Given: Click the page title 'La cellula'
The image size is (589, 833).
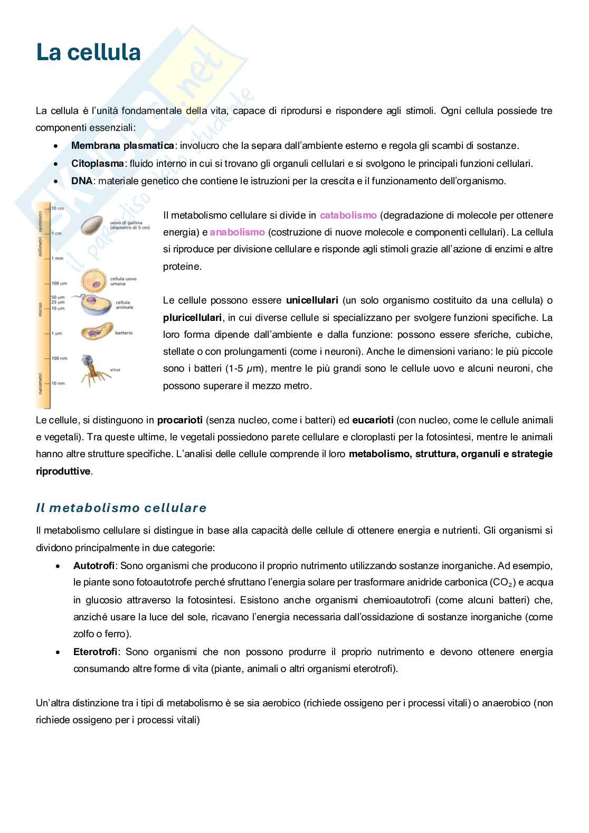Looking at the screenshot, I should pyautogui.click(x=88, y=53).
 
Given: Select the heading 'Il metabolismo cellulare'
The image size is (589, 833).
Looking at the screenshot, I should pyautogui.click(x=121, y=508).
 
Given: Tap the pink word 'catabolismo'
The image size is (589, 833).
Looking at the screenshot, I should pyautogui.click(x=348, y=215).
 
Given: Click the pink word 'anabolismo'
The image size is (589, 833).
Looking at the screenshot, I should pyautogui.click(x=237, y=232).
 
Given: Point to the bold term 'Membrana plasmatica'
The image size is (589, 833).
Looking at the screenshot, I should pyautogui.click(x=122, y=146).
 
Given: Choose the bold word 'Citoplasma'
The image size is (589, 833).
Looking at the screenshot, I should pyautogui.click(x=98, y=164).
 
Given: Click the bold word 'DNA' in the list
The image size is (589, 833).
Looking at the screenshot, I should pyautogui.click(x=82, y=181).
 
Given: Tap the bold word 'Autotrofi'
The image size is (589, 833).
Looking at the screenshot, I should pyautogui.click(x=94, y=566).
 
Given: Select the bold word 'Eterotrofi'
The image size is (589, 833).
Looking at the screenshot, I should pyautogui.click(x=96, y=652).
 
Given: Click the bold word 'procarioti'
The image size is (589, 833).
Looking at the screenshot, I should pyautogui.click(x=180, y=420).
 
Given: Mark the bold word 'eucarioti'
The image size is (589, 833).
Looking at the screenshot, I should pyautogui.click(x=373, y=420).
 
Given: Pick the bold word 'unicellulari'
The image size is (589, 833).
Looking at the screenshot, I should pyautogui.click(x=312, y=300).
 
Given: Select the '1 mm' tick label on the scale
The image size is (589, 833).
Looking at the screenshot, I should pyautogui.click(x=57, y=258).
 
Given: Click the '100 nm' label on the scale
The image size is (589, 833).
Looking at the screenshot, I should pyautogui.click(x=59, y=358).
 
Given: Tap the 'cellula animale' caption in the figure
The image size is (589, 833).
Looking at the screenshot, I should pyautogui.click(x=124, y=305).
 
